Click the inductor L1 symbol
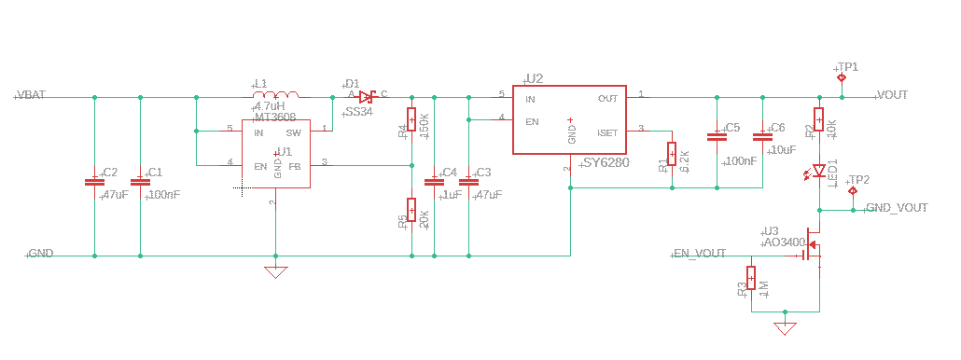[x=276, y=95]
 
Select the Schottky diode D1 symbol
[x=367, y=96]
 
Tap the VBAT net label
[x=32, y=95]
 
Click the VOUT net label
[x=893, y=95]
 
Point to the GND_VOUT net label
[x=897, y=208]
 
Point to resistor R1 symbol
[x=671, y=153]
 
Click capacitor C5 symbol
[x=717, y=136]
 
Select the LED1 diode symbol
[x=818, y=171]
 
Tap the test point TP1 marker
[x=842, y=78]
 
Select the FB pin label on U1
[x=295, y=166]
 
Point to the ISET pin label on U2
[x=607, y=132]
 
